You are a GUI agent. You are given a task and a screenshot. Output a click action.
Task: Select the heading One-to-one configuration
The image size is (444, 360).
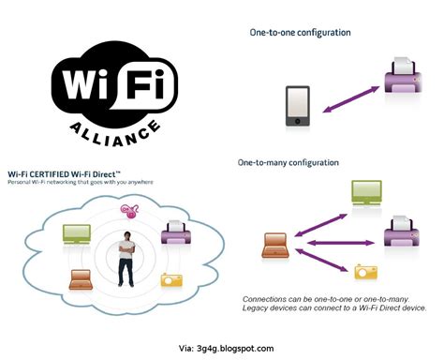[x=301, y=33]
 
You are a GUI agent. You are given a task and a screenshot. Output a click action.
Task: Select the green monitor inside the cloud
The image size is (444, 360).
[x=75, y=232]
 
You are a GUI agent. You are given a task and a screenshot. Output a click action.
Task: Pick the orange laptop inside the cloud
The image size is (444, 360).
[x=80, y=279]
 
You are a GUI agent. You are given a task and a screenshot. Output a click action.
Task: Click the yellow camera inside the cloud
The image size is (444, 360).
[x=171, y=279]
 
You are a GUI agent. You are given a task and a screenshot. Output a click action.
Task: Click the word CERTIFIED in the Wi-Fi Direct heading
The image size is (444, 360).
[x=61, y=174]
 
